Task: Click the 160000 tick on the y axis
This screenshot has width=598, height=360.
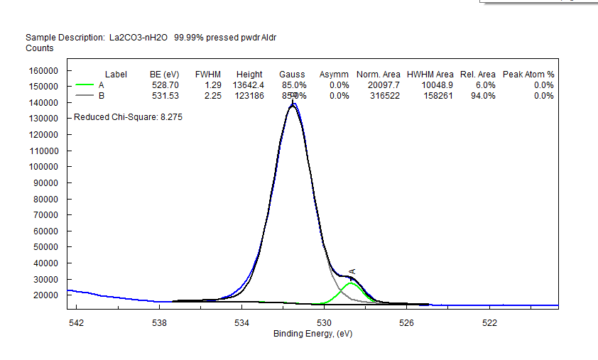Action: (43, 71)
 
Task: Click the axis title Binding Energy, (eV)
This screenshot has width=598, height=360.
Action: (312, 334)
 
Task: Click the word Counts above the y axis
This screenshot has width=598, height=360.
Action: (40, 48)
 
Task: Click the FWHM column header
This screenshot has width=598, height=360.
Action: (208, 75)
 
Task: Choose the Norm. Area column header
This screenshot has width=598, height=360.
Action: (379, 75)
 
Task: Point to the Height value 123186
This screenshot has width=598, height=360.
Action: (249, 96)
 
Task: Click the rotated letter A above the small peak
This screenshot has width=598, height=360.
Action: (352, 271)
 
